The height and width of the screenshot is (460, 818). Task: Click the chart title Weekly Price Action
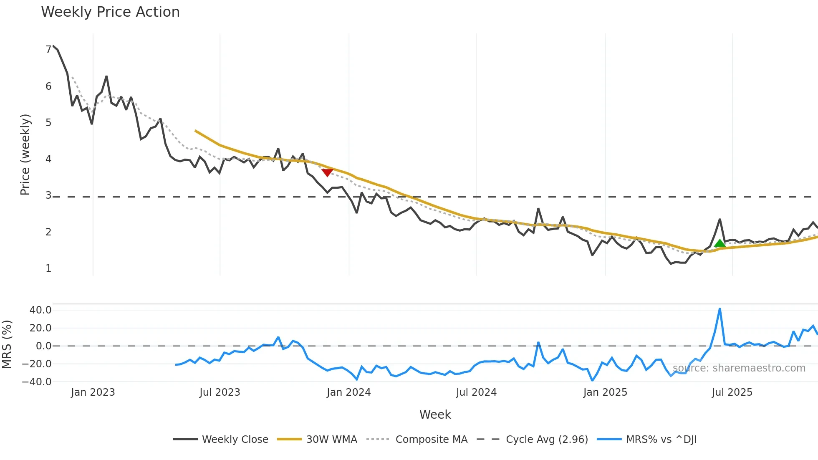pyautogui.click(x=110, y=12)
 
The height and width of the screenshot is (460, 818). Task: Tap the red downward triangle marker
pyautogui.click(x=327, y=172)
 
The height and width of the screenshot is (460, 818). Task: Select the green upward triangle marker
pyautogui.click(x=720, y=243)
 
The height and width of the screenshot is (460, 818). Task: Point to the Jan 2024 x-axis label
pyautogui.click(x=348, y=392)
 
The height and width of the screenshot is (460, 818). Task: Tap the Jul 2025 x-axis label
pyautogui.click(x=732, y=392)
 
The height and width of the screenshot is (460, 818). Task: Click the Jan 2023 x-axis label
pyautogui.click(x=93, y=392)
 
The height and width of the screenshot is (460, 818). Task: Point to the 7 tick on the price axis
pyautogui.click(x=48, y=50)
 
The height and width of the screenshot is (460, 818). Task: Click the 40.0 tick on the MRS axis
pyautogui.click(x=40, y=310)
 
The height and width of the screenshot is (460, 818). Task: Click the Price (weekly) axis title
pyautogui.click(x=25, y=154)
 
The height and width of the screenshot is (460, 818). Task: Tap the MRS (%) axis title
pyautogui.click(x=7, y=344)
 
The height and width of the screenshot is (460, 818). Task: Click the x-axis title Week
pyautogui.click(x=435, y=415)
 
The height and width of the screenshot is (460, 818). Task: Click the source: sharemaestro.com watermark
pyautogui.click(x=739, y=368)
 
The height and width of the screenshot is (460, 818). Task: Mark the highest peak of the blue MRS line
pyautogui.click(x=720, y=309)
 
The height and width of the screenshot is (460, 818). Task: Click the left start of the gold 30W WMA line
pyautogui.click(x=195, y=131)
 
